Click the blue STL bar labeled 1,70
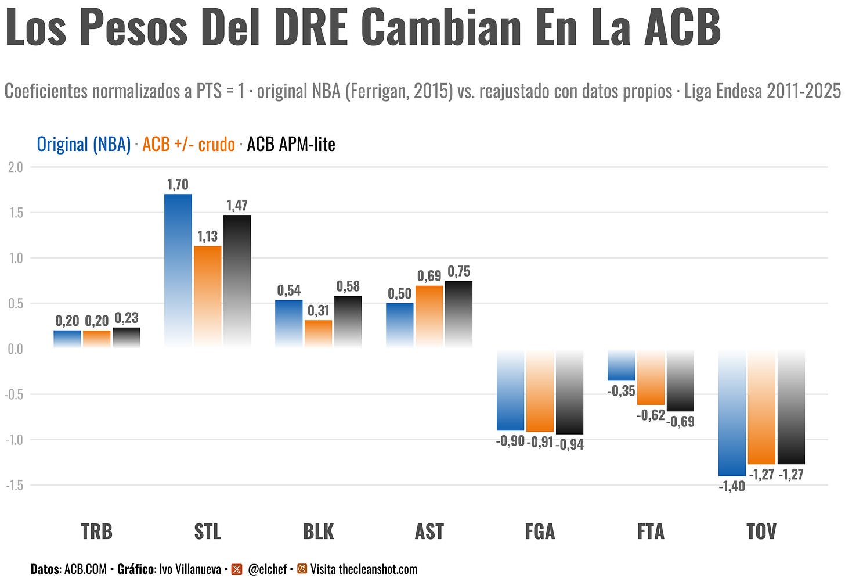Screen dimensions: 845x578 tap(178, 271)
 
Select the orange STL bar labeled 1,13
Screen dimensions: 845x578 tap(208, 297)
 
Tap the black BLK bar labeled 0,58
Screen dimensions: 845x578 tap(348, 322)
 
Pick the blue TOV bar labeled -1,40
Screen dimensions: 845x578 tap(732, 412)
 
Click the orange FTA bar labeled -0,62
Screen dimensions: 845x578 tap(651, 377)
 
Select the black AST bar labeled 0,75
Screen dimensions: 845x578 tap(458, 314)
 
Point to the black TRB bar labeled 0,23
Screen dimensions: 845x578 tap(127, 338)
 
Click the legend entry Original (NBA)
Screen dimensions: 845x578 tap(84, 144)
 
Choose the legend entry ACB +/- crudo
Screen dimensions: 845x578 tap(189, 144)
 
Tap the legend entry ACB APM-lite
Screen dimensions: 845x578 tap(291, 144)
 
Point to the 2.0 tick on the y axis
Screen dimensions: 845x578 tap(16, 167)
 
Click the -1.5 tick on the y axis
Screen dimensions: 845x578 tap(15, 485)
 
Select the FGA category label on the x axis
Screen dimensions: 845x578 tap(540, 532)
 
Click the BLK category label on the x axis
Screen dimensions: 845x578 tap(319, 532)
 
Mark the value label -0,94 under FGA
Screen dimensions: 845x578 tap(570, 445)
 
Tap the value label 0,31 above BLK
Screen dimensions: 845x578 tap(319, 311)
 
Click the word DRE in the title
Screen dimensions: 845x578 tap(311, 27)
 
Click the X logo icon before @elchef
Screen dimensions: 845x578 tap(237, 569)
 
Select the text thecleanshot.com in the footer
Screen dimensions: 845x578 tap(378, 569)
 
